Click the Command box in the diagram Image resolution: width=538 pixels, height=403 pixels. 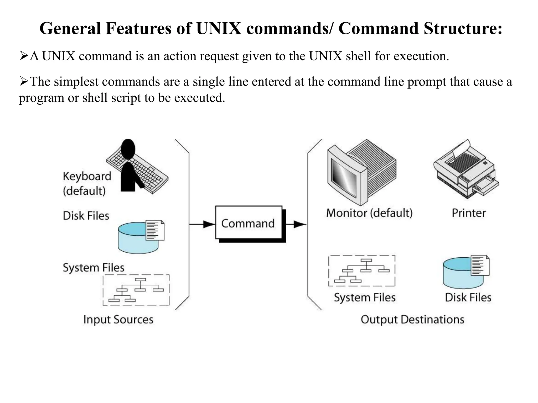click(249, 223)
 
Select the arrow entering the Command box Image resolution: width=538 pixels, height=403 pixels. click(202, 224)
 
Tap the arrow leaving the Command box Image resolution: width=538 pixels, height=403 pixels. click(296, 224)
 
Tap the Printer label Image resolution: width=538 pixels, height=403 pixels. click(469, 213)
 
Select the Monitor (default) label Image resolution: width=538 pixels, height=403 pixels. click(369, 213)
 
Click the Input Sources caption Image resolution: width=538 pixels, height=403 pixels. click(118, 320)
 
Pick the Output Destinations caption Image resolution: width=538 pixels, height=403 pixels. click(412, 320)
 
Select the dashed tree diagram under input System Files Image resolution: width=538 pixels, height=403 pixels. click(136, 290)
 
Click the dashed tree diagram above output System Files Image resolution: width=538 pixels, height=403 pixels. click(362, 271)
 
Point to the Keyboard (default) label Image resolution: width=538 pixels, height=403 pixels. click(87, 183)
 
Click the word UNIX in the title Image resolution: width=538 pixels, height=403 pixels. click(219, 28)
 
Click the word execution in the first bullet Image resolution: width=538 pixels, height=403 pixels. click(421, 56)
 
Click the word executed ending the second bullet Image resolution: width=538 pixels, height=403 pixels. click(199, 98)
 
